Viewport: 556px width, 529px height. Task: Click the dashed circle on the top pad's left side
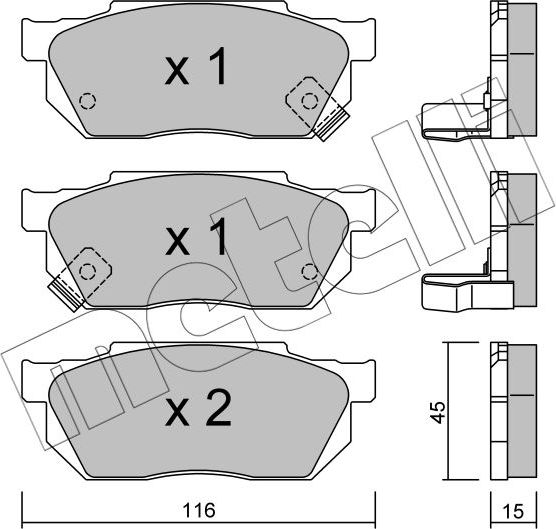pos(87,100)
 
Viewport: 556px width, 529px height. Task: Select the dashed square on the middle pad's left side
pos(87,268)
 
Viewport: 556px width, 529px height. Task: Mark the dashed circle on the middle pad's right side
pos(309,270)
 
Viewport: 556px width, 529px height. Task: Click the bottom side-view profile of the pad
pos(510,410)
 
